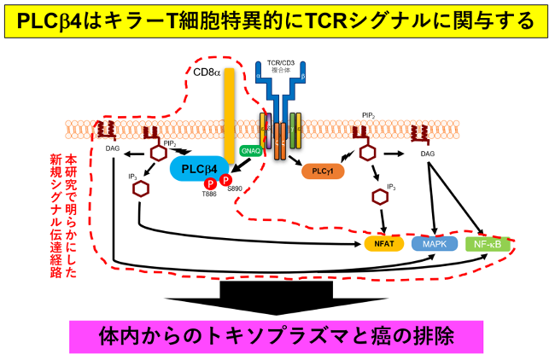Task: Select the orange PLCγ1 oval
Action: coord(323,171)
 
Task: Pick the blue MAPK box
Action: coord(435,244)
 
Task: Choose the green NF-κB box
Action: coord(489,244)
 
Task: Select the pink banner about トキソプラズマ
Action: coord(276,335)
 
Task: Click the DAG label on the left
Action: coord(112,148)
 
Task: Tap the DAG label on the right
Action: coord(429,154)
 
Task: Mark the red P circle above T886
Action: coord(209,183)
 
